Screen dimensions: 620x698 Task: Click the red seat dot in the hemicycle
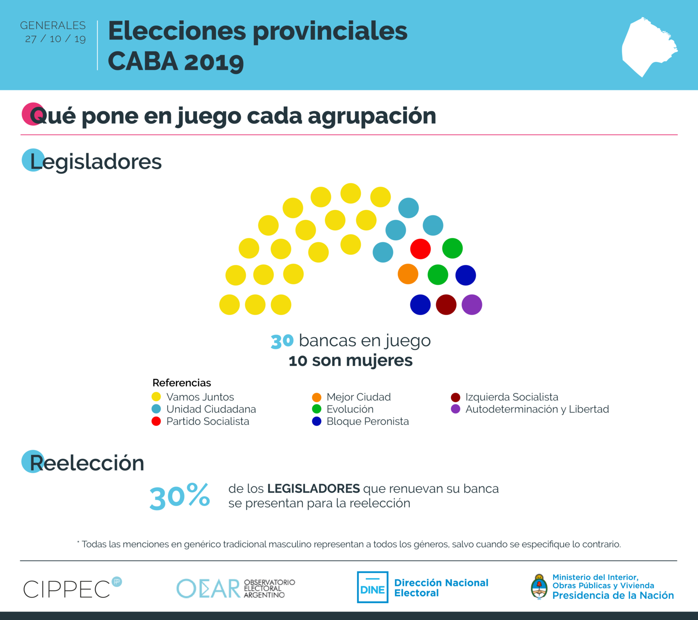[420, 249]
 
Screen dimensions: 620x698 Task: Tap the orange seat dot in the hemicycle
[408, 274]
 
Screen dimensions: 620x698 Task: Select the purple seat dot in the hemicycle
[471, 304]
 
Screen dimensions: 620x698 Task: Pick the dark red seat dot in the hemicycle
[446, 304]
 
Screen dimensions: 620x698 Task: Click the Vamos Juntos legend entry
[199, 397]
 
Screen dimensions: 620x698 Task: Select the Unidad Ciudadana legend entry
[210, 409]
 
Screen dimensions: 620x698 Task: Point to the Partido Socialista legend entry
[207, 422]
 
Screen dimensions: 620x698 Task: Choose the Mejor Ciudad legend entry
[358, 397]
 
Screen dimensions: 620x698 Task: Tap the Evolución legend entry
[349, 409]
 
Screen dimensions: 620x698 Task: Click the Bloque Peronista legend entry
[367, 422]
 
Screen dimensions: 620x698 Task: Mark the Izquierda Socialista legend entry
[511, 397]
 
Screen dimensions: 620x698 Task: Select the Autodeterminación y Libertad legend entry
[536, 409]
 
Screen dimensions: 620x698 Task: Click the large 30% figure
[180, 497]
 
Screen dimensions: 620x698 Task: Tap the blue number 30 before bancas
[282, 341]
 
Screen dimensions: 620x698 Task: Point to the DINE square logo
[372, 587]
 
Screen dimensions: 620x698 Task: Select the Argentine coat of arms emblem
[539, 587]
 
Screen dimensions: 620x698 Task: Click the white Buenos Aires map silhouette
[648, 47]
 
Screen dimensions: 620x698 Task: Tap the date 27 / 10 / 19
[55, 39]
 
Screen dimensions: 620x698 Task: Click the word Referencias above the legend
[182, 383]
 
